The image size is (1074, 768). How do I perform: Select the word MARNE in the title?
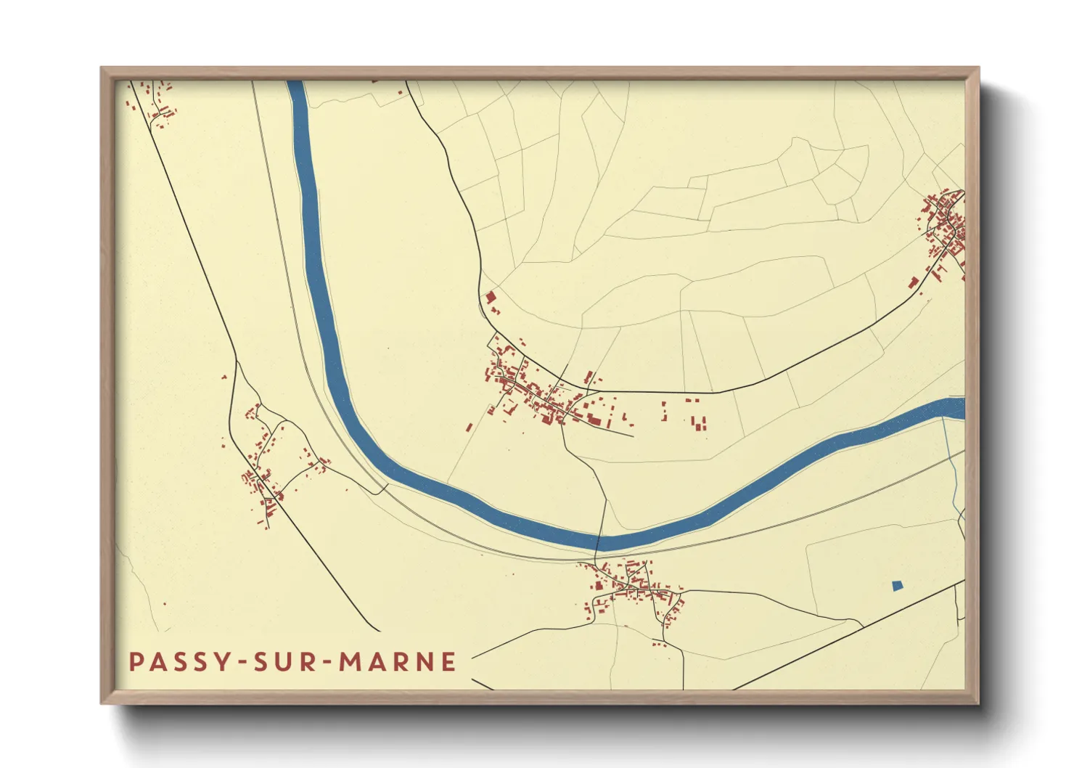click(398, 662)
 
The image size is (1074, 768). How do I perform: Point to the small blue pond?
click(898, 585)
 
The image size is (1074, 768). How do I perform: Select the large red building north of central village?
click(490, 297)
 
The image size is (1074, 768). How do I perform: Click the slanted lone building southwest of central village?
click(470, 428)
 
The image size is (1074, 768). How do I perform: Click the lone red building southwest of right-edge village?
click(914, 282)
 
